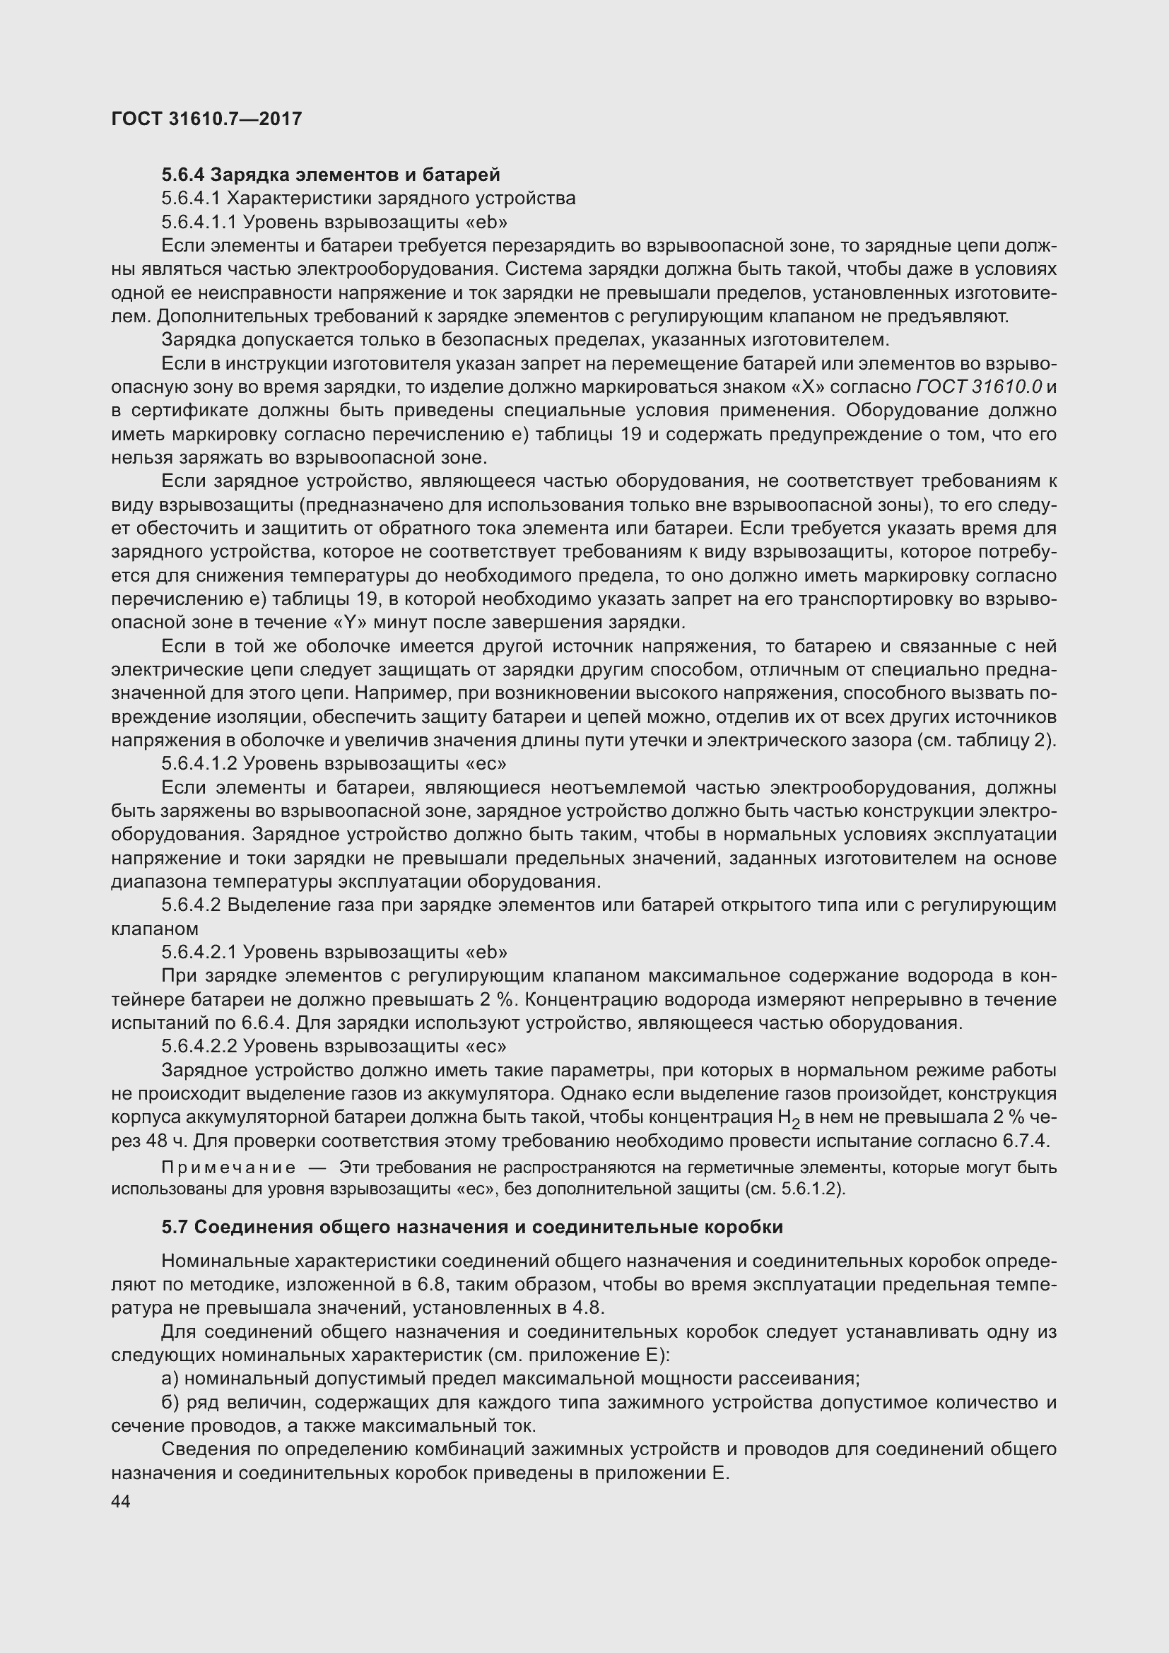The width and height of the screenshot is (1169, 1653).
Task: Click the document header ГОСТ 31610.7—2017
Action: pos(206,119)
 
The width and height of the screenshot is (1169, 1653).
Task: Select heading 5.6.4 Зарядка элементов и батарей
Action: pos(330,175)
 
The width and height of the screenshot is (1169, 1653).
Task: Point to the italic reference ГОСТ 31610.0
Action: pos(980,387)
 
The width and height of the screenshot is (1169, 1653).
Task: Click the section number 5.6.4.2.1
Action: pos(199,953)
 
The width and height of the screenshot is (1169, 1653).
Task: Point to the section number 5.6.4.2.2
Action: pos(199,1046)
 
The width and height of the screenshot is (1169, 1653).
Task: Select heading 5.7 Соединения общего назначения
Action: pos(472,1227)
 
